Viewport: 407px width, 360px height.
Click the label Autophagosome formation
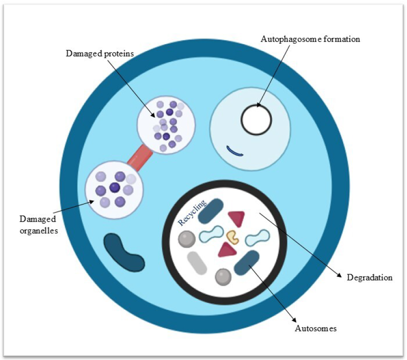[x=310, y=39]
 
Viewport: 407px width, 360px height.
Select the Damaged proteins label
[x=100, y=53]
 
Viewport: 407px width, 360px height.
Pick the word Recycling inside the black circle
[x=192, y=213]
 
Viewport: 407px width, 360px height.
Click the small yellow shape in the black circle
[x=233, y=236]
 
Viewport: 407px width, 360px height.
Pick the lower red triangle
[x=228, y=249]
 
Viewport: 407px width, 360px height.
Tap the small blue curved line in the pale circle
[x=235, y=151]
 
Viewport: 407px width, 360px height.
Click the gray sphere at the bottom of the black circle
[x=223, y=277]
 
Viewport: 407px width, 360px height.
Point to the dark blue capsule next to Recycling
[x=211, y=211]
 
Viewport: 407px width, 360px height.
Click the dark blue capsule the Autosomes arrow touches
[x=247, y=262]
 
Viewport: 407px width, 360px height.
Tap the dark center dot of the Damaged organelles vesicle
[x=114, y=188]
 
